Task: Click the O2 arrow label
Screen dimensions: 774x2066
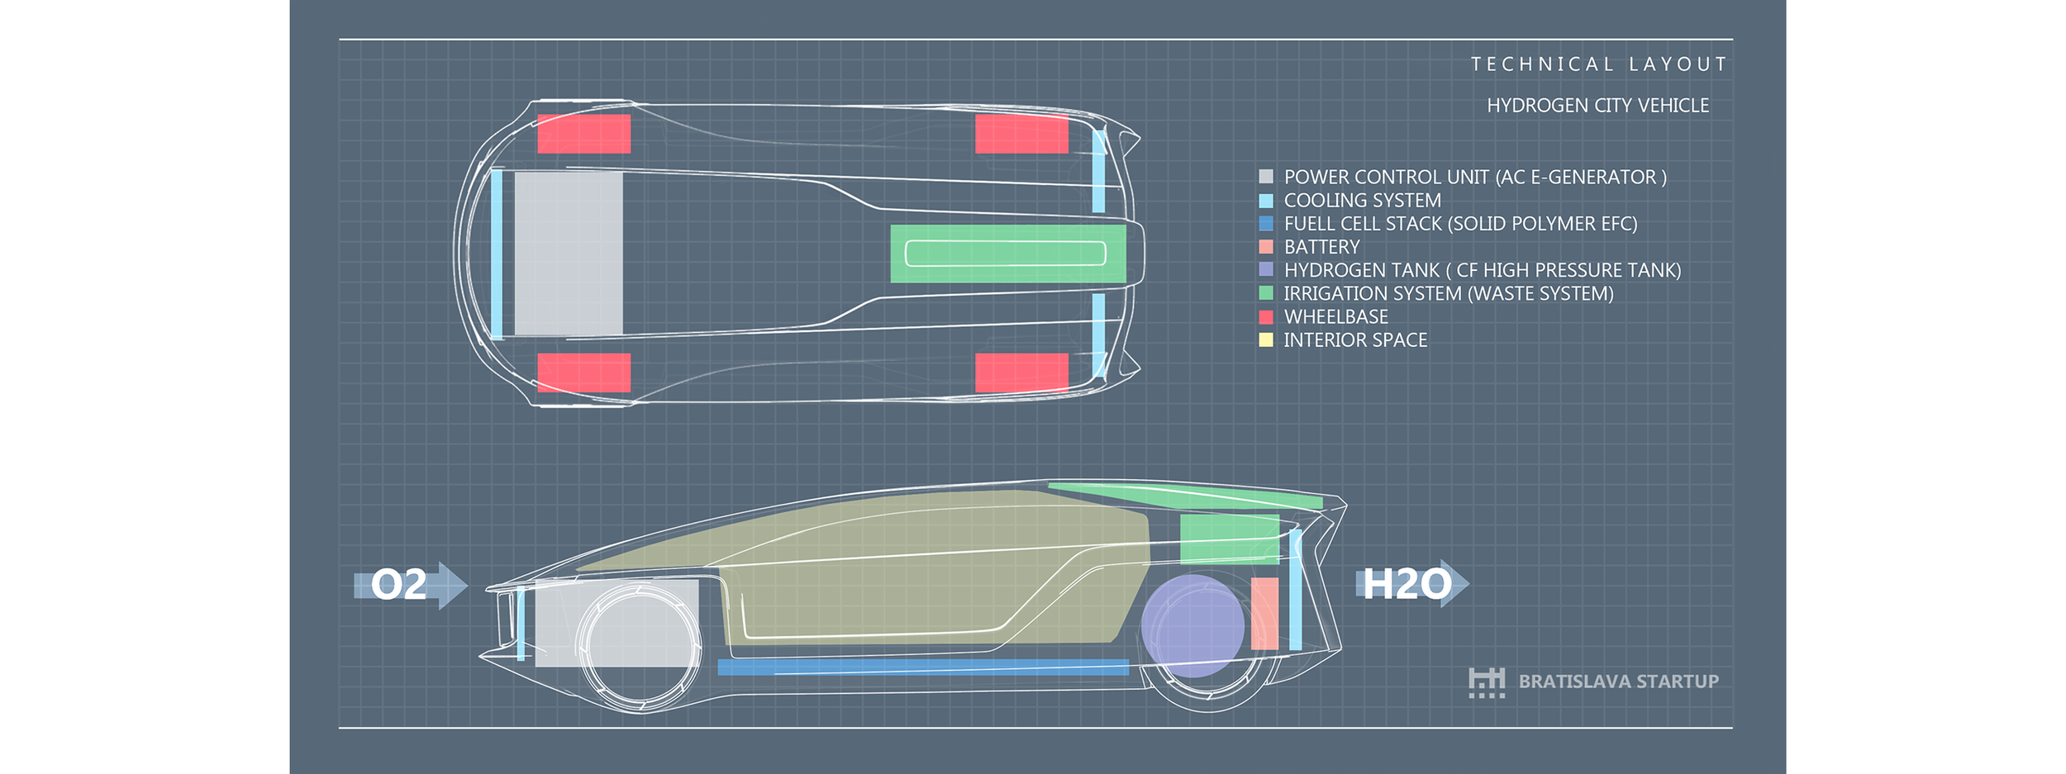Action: coord(399,585)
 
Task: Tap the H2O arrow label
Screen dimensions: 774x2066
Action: coord(1407,584)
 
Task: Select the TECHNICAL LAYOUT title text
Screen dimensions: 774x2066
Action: coord(1599,64)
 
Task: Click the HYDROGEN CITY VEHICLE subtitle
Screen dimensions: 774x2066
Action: coord(1597,106)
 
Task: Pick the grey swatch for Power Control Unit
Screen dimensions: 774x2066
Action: coord(1265,177)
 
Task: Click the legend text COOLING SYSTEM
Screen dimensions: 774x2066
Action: coord(1362,201)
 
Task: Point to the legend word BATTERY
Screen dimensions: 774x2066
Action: coord(1321,247)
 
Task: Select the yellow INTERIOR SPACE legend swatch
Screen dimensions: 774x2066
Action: coord(1265,340)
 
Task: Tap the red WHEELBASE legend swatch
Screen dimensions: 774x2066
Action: coord(1265,317)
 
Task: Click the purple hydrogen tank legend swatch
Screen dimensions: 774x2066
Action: coord(1265,270)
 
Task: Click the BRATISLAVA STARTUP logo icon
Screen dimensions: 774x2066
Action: coord(1486,683)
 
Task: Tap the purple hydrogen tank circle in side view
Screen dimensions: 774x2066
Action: coord(1192,626)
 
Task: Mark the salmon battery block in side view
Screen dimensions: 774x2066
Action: coord(1264,613)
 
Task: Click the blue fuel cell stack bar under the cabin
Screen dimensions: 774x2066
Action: coord(922,667)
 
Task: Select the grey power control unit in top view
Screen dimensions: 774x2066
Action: coord(569,253)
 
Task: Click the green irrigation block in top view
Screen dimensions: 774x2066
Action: coord(1007,254)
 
